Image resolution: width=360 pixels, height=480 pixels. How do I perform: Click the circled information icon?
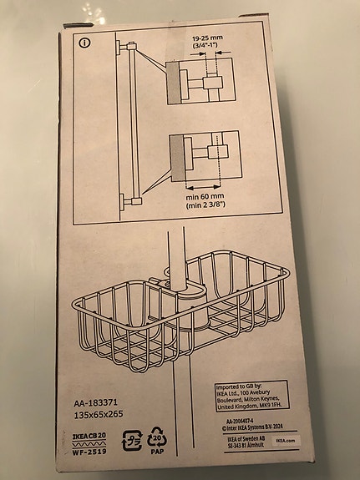pyautogui.click(x=84, y=42)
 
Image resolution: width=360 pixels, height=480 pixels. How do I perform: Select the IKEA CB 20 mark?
pyautogui.click(x=84, y=437)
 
